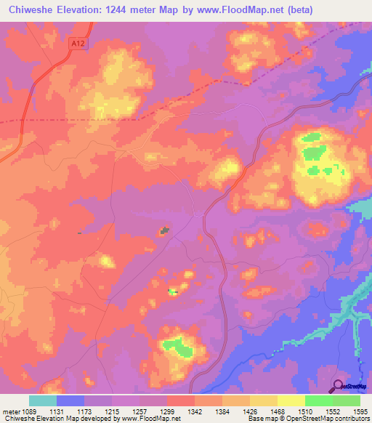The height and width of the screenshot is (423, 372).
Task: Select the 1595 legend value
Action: (x=360, y=411)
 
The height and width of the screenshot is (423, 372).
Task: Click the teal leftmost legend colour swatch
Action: (x=42, y=400)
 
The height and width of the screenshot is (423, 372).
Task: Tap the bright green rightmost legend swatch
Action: (x=346, y=400)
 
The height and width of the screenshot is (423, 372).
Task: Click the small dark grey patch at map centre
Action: (x=166, y=231)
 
